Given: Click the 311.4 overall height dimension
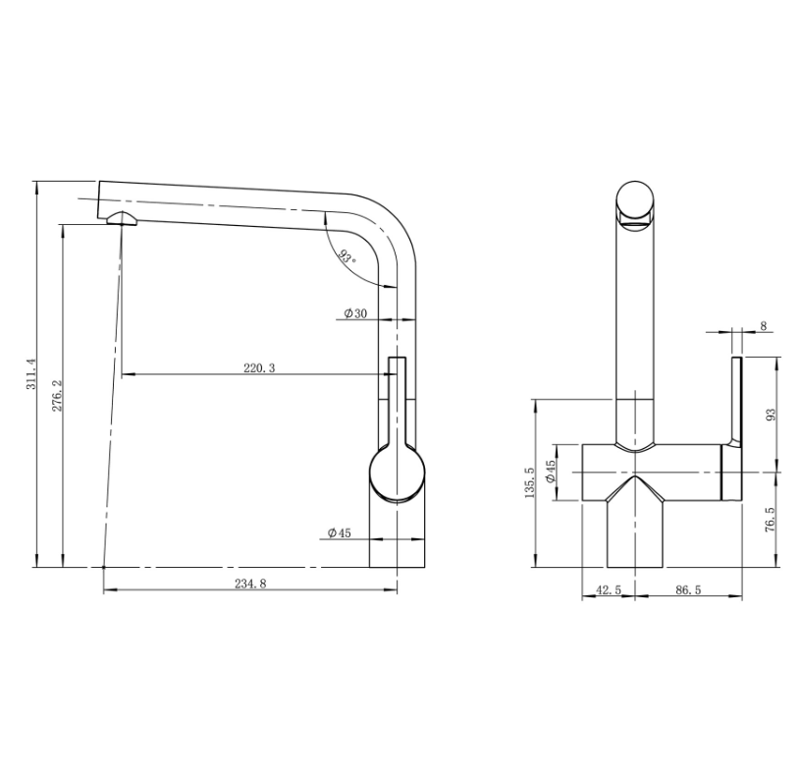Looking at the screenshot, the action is pyautogui.click(x=31, y=374).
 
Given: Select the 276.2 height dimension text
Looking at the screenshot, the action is pyautogui.click(x=56, y=396).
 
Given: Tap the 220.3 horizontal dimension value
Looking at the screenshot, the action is pyautogui.click(x=259, y=368).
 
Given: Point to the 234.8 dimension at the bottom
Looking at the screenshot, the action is pyautogui.click(x=250, y=584).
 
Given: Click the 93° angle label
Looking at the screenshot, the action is pyautogui.click(x=348, y=256).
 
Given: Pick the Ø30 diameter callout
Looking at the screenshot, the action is pyautogui.click(x=355, y=313).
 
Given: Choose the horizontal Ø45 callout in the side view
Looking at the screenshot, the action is pyautogui.click(x=340, y=532).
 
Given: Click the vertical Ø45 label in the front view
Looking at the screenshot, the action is pyautogui.click(x=551, y=472).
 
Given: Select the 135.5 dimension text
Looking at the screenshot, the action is pyautogui.click(x=529, y=482).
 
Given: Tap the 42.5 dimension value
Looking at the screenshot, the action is pyautogui.click(x=609, y=590).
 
